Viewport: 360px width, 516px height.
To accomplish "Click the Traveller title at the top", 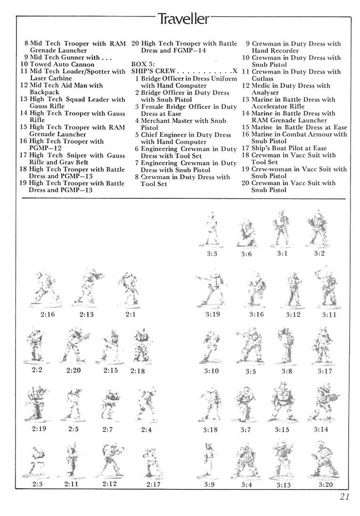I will coord(183,18).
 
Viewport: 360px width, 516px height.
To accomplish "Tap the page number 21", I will coord(344,496).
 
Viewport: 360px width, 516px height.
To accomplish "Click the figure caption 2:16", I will coord(47,314).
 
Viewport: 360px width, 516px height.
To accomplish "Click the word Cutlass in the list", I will coord(262,79).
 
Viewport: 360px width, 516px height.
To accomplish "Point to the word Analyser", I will coord(265,92).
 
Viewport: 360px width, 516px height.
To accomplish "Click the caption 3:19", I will coord(213,314).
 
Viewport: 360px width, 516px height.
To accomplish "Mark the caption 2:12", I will coord(109,484).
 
